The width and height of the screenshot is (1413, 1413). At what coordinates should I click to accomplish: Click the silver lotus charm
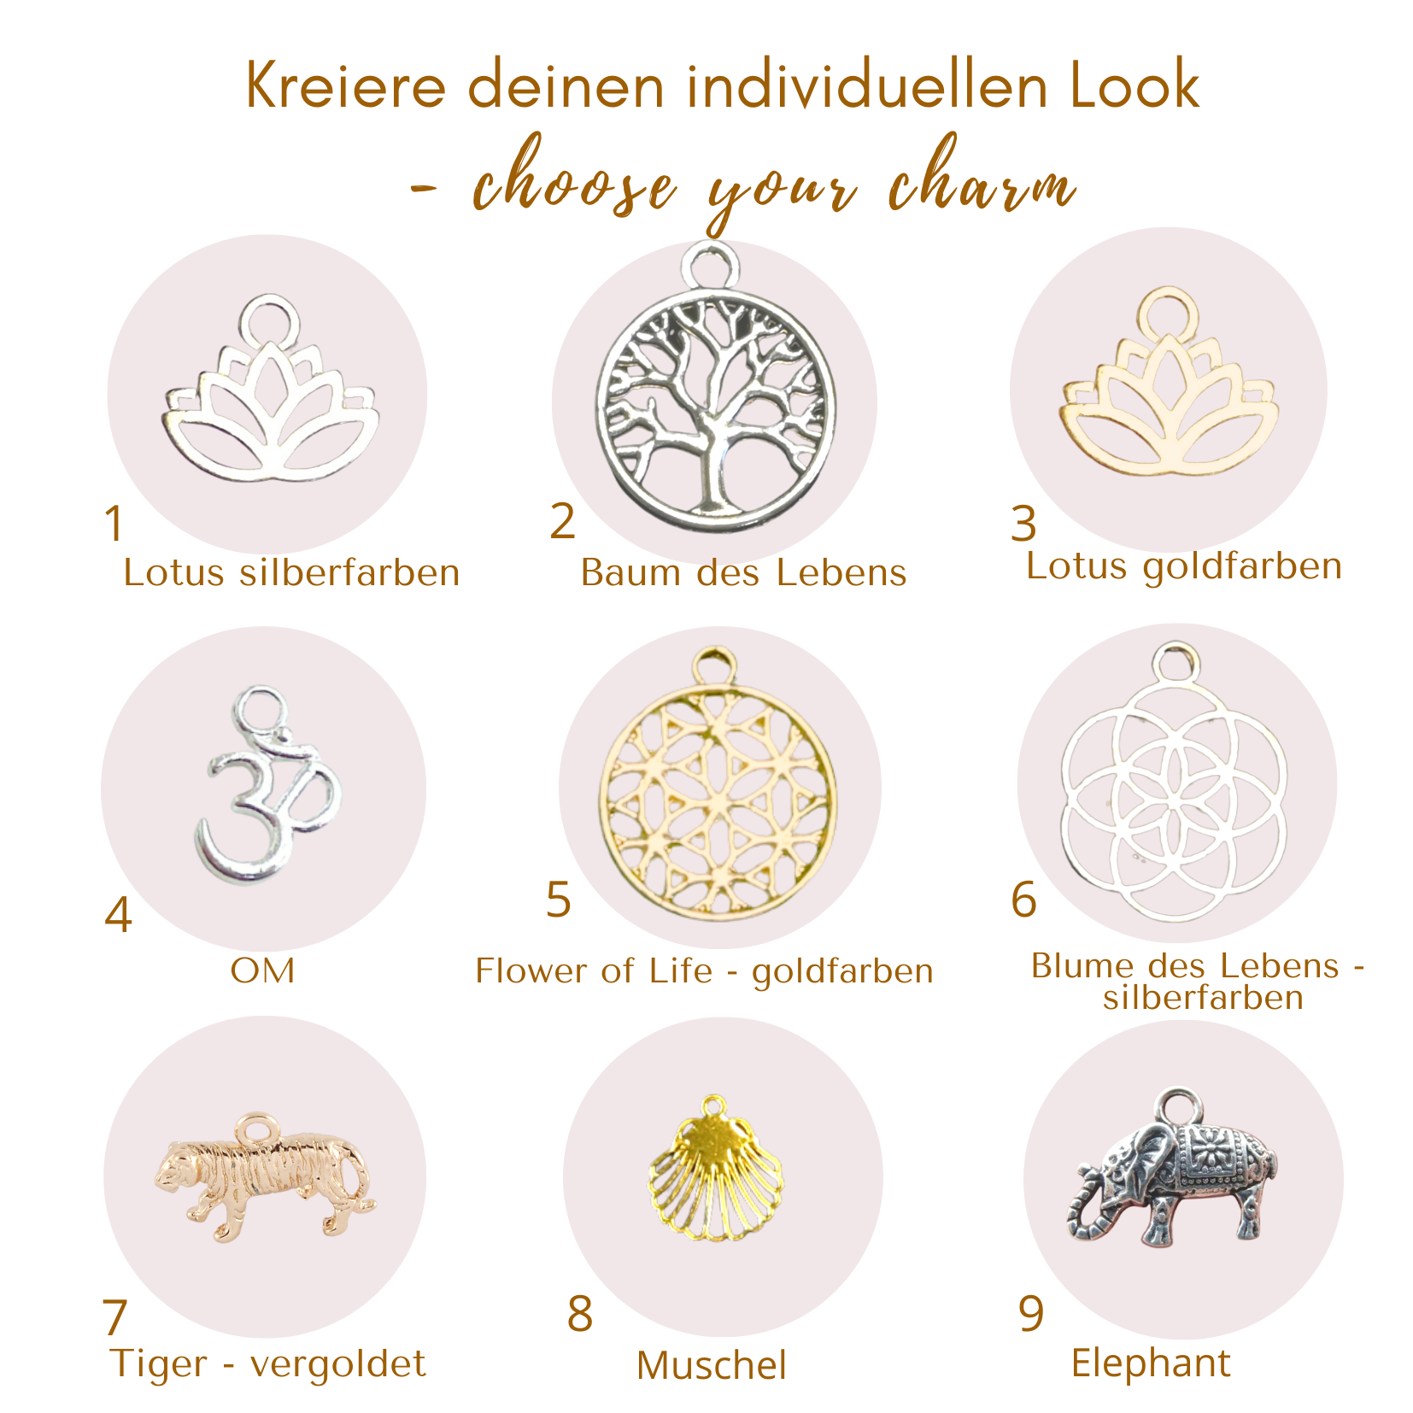pyautogui.click(x=268, y=402)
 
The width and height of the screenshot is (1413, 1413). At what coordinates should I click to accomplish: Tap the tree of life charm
pyautogui.click(x=716, y=402)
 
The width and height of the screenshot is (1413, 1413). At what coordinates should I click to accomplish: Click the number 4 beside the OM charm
pyautogui.click(x=118, y=916)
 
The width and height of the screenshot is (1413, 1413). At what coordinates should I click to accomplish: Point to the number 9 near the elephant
pyautogui.click(x=1031, y=1314)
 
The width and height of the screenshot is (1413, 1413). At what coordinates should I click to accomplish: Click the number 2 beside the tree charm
pyautogui.click(x=563, y=521)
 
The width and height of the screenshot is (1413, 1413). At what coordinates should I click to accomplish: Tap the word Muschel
pyautogui.click(x=711, y=1365)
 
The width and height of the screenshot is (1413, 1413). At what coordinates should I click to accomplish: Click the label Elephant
pyautogui.click(x=1151, y=1363)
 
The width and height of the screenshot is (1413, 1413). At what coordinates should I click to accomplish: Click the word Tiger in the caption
pyautogui.click(x=159, y=1363)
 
